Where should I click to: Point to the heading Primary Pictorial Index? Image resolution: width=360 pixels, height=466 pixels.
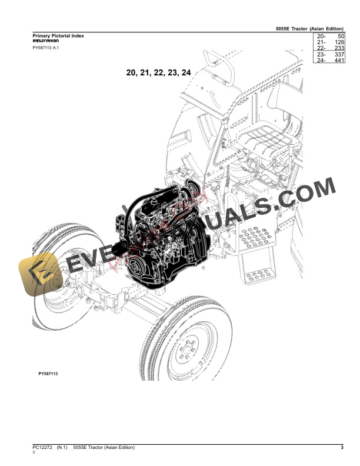[x=58, y=36]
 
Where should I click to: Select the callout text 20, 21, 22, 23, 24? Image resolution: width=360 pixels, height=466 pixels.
[x=158, y=73]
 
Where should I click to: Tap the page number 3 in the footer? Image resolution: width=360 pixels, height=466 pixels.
[x=342, y=448]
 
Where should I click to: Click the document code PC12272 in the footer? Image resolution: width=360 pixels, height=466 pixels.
[x=43, y=448]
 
